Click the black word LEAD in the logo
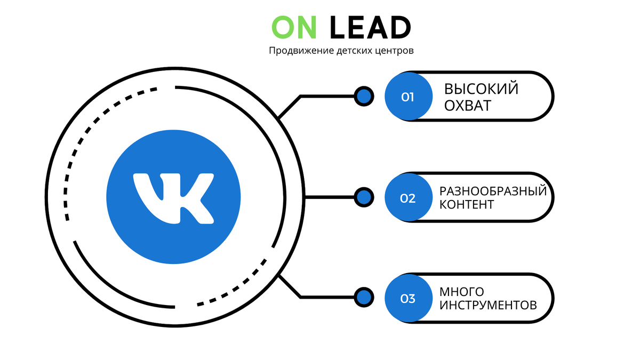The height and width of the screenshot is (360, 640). pos(370,28)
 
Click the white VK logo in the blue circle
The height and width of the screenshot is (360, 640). pos(173,197)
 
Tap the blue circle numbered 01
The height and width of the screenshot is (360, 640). pos(409,97)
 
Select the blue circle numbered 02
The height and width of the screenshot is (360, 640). pos(409,198)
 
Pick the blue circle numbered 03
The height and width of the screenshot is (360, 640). pos(409,299)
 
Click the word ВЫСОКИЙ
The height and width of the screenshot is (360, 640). pos(481,89)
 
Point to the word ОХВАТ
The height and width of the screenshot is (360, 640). pos(468,106)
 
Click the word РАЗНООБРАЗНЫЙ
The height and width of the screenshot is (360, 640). pos(493,191)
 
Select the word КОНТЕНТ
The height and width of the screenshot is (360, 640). pos(467,205)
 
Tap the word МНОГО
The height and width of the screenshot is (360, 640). pos(462,292)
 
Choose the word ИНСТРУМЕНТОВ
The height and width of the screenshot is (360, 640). pos(487,306)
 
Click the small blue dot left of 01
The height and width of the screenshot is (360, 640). pos(364,97)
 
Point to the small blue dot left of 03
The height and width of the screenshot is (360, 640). pos(364,298)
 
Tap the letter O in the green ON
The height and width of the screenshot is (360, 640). pos(283,28)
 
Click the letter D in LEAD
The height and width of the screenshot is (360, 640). pos(400,28)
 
